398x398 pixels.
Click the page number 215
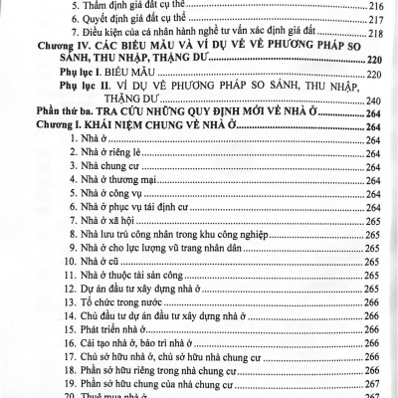[x=376, y=5]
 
